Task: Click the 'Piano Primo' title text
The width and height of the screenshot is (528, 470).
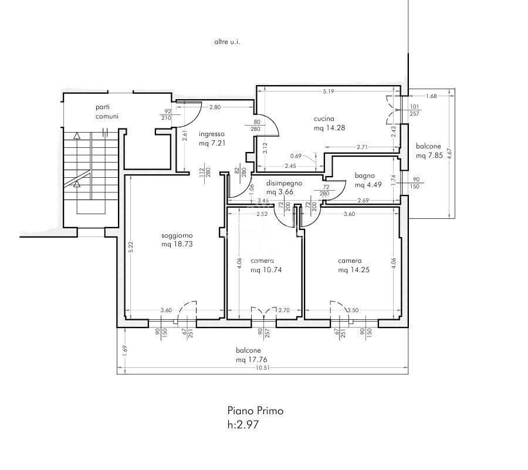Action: coord(256,411)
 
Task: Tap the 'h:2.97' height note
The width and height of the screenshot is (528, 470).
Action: coord(243,425)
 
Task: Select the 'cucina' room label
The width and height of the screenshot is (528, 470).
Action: coord(324,119)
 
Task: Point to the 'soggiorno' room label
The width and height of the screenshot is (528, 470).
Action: coord(177,236)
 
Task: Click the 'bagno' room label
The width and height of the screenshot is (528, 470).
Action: coord(365,176)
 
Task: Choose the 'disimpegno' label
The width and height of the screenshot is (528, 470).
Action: coord(284,184)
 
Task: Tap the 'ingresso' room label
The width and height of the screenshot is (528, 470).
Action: coord(211,134)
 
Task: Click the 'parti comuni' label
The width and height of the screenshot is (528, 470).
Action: coord(107,111)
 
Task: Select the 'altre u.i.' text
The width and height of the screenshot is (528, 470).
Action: coord(227,42)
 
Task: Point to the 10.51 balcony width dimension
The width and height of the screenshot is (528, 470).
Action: coord(263,368)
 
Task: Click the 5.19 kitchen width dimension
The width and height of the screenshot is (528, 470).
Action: coord(329,91)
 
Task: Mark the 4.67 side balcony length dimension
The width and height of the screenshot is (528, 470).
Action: coord(449,154)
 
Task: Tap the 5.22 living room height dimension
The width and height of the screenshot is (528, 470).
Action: coord(131,247)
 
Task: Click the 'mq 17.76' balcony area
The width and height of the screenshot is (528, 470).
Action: coord(252,360)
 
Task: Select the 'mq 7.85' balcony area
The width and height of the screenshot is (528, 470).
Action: coord(429,155)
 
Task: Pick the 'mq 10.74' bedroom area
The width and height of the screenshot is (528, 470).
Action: coord(266,270)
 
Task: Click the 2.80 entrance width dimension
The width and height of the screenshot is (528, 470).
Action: coord(215,107)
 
